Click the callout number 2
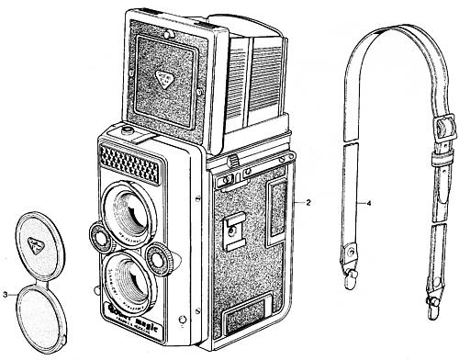310,200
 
